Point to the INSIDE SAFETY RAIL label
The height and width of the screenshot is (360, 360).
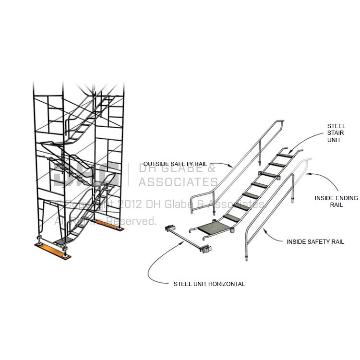pyautogui.click(x=315, y=242)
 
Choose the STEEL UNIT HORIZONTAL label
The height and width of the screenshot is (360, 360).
pyautogui.click(x=209, y=284)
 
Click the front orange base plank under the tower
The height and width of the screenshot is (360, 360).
pyautogui.click(x=52, y=250)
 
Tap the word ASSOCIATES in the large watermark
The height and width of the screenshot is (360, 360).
pyautogui.click(x=178, y=182)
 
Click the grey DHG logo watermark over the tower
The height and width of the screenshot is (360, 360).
pyautogui.click(x=86, y=173)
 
